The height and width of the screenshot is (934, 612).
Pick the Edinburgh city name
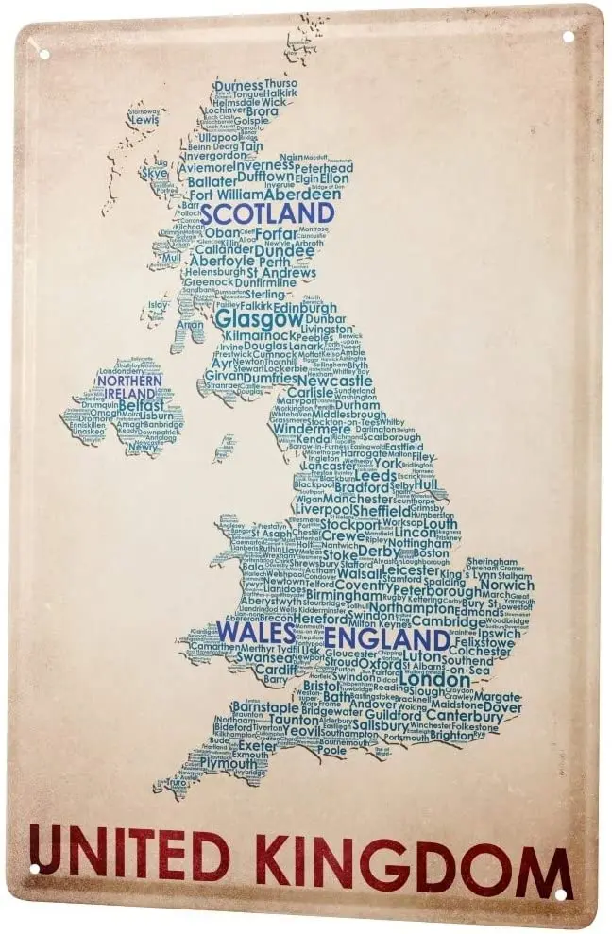click(x=304, y=307)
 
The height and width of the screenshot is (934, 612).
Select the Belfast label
click(x=142, y=403)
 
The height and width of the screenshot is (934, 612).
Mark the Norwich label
click(x=506, y=585)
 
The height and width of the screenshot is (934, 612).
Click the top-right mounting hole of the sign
click(x=568, y=37)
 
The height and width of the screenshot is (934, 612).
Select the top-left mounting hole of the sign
click(x=42, y=54)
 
